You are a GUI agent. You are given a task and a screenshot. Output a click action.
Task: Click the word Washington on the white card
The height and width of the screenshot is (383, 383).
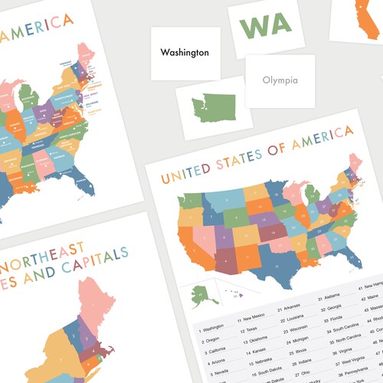tap(185, 53)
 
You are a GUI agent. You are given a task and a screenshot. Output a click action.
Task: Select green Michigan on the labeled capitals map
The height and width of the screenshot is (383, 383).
tap(29, 96)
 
